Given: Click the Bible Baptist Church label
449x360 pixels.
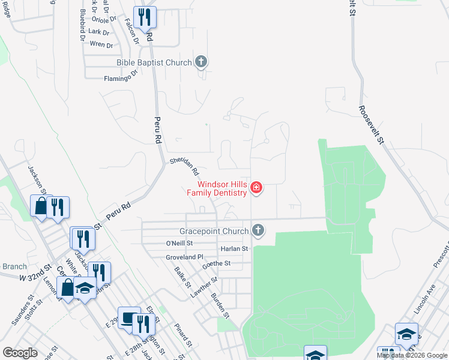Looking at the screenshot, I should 154,62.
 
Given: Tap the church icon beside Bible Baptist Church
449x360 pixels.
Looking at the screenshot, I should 201,62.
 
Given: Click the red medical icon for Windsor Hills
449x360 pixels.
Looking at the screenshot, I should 256,188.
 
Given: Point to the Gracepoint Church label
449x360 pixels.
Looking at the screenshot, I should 214,231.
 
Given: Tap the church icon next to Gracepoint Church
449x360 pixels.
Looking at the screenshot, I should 258,230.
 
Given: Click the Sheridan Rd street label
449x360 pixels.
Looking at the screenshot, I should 184,166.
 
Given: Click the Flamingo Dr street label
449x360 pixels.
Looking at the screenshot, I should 121,78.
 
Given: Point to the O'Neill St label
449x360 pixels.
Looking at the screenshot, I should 179,244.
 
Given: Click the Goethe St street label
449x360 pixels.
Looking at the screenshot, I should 217,263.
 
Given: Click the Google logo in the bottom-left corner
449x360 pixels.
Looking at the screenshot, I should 20,352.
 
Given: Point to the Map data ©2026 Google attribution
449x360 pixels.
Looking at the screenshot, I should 412,355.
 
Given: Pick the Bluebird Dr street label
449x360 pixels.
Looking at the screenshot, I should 82,26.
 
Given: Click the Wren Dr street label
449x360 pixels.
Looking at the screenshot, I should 100,44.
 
